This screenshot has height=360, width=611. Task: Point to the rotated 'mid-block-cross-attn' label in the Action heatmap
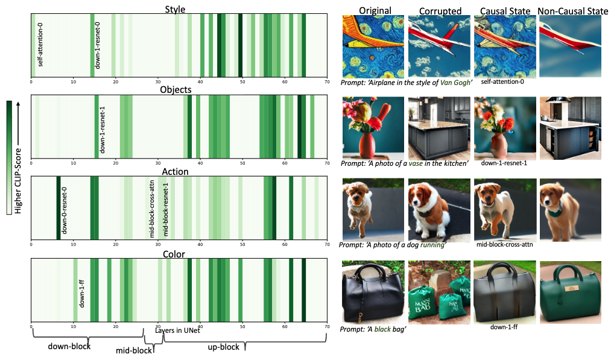point(152,208)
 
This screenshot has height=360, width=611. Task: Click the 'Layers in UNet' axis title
point(177,330)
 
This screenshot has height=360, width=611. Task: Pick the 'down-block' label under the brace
point(69,347)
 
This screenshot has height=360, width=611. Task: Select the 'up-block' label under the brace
point(224,347)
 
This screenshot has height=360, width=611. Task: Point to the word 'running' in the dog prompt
point(431,245)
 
